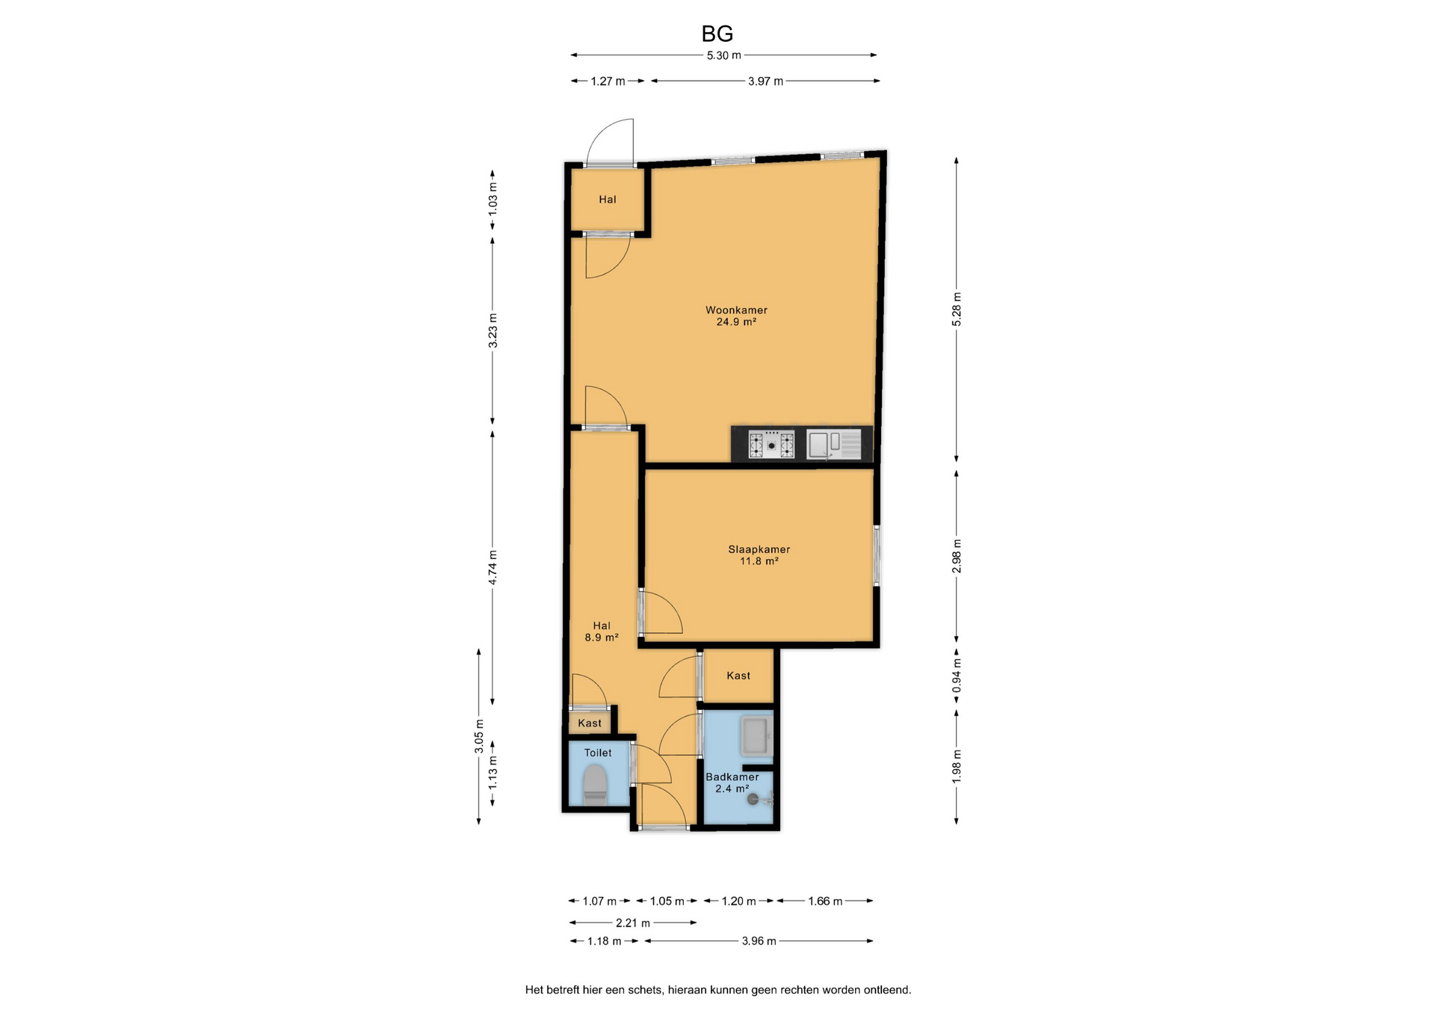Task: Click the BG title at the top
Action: click(717, 34)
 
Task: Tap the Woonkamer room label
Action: click(736, 310)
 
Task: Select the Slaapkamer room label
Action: click(759, 549)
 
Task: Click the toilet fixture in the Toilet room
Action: click(595, 784)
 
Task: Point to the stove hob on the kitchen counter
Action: click(771, 445)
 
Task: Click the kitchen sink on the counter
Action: click(834, 445)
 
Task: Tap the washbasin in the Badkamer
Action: click(756, 735)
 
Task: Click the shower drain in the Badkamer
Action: click(753, 799)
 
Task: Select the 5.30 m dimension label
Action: click(723, 55)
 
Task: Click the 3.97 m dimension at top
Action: click(765, 81)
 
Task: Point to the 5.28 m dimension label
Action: click(957, 309)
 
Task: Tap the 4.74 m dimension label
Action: click(493, 567)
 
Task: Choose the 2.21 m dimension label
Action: click(633, 923)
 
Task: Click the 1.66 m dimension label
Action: click(825, 901)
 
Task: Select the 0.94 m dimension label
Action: click(957, 676)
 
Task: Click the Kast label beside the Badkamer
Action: click(738, 676)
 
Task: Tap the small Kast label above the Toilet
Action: click(590, 724)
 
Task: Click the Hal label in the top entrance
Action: click(608, 200)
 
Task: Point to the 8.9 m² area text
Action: click(602, 638)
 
